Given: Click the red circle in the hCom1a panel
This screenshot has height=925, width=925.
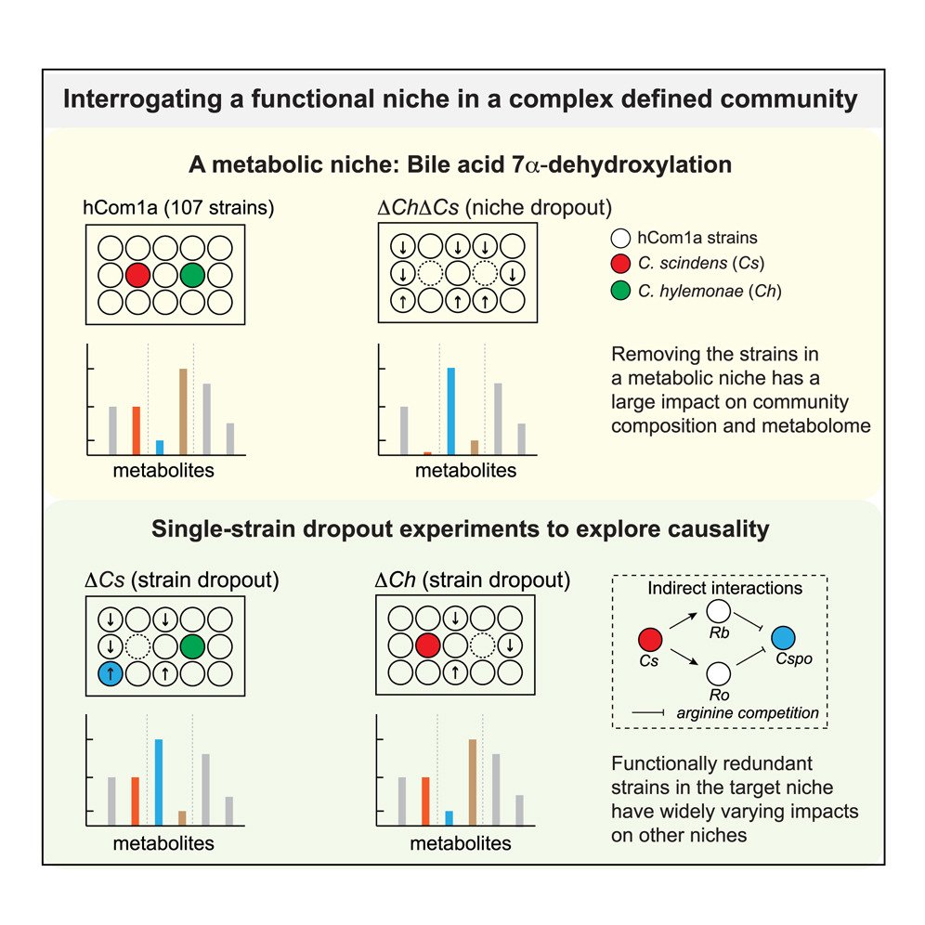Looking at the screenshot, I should [137, 275].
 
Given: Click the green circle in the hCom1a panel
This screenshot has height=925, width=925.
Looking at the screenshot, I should [192, 275].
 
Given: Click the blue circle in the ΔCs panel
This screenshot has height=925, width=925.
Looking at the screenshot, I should [111, 672].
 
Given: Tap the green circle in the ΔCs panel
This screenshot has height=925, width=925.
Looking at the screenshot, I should [192, 645].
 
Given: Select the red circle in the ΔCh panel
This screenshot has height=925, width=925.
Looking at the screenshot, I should [428, 645].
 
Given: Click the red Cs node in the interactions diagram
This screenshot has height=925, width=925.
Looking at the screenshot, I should [650, 639].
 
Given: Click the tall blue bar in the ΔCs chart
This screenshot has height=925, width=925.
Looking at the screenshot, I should [159, 781].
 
